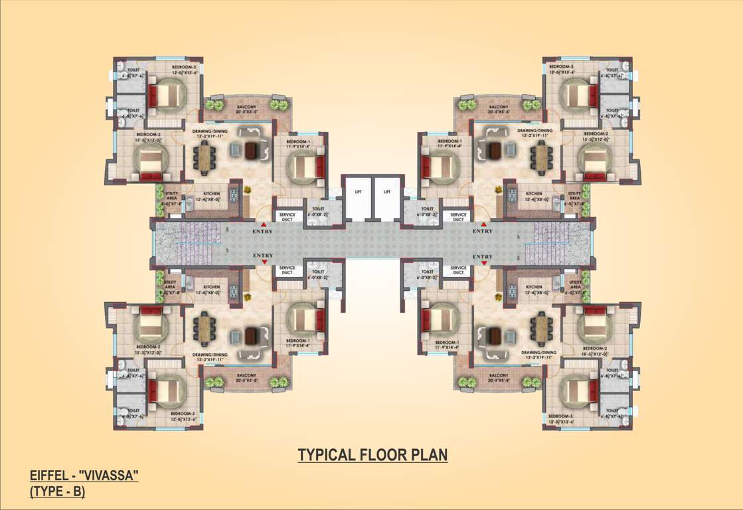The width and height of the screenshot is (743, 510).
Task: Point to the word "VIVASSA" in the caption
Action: pyautogui.click(x=108, y=475)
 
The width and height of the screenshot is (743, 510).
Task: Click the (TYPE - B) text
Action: pyautogui.click(x=58, y=492)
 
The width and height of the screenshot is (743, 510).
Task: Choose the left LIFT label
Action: pyautogui.click(x=357, y=191)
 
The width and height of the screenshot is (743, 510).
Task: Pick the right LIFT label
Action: pyautogui.click(x=387, y=191)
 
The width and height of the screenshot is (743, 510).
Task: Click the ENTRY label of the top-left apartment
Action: pyautogui.click(x=263, y=231)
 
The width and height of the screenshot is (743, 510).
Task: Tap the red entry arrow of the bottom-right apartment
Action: pyautogui.click(x=483, y=263)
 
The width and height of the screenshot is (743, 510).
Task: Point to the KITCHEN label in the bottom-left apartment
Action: pyautogui.click(x=212, y=288)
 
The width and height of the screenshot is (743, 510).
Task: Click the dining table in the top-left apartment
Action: pyautogui.click(x=205, y=157)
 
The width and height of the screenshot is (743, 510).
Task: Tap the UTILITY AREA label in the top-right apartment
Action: pyautogui.click(x=575, y=196)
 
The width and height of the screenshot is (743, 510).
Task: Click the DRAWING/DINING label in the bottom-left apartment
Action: pyautogui.click(x=210, y=355)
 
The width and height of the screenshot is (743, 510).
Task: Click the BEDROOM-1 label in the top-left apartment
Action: pyautogui.click(x=297, y=141)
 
